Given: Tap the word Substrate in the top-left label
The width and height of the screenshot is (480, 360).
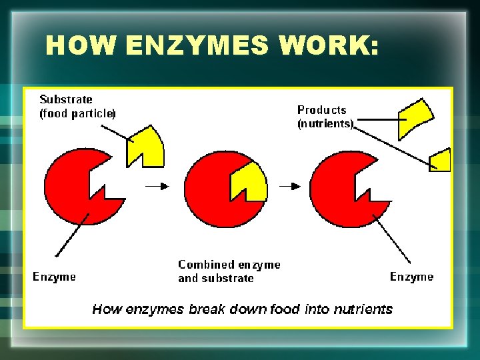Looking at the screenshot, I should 66,99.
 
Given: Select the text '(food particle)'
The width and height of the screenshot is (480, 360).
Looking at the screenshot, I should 77,113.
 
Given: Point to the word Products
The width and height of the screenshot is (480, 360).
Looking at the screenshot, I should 322,110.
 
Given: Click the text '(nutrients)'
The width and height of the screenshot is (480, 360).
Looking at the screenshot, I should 325,123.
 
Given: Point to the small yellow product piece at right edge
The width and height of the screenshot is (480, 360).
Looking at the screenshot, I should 441,160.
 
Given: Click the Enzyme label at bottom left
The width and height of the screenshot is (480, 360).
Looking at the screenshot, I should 55,277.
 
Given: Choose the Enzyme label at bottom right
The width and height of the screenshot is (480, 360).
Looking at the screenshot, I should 411,277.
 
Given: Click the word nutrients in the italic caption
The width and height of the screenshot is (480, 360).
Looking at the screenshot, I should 361,309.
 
